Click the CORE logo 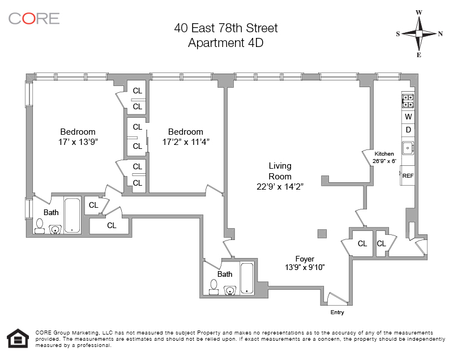point(34,18)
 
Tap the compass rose point(419,33)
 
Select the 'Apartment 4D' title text point(225,42)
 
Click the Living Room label point(280,171)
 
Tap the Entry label point(336,312)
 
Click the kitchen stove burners point(408,101)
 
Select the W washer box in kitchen point(408,117)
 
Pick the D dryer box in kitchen point(408,130)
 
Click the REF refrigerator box point(407,175)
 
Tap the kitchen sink point(408,148)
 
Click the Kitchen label point(384,154)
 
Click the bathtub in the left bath point(72,215)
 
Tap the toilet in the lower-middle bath point(213,287)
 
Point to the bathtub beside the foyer point(247,278)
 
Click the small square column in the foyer point(322,233)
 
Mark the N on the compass point(441,33)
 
